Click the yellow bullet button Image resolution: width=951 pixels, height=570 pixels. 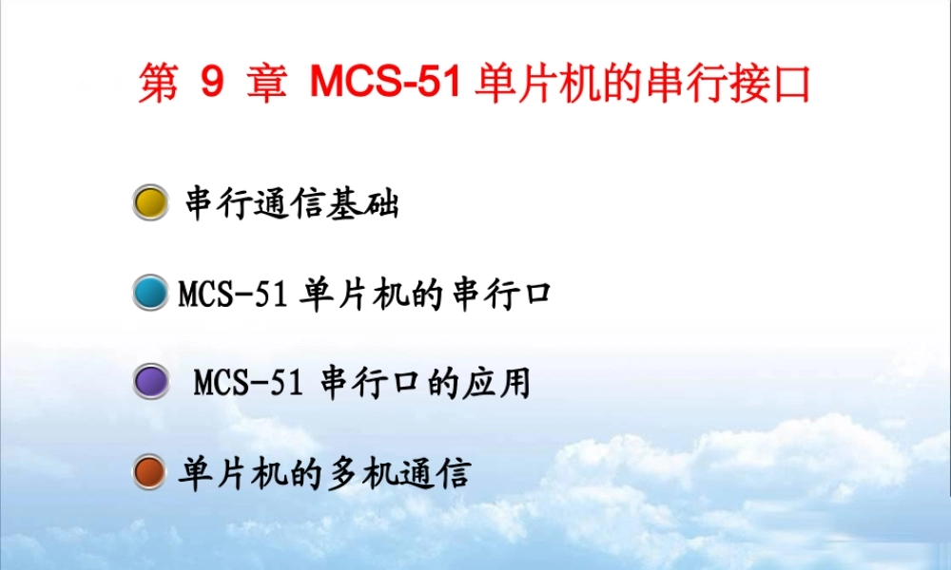click(x=149, y=202)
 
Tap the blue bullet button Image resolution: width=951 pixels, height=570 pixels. click(x=149, y=293)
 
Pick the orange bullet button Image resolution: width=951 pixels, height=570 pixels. click(x=149, y=473)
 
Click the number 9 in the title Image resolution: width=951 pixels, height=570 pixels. click(x=211, y=85)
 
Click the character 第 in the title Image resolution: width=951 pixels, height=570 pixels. click(x=158, y=85)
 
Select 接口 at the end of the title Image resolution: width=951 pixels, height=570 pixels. click(x=777, y=85)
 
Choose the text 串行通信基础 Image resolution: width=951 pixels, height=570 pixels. click(x=291, y=203)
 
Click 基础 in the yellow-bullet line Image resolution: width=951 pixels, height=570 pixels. click(x=363, y=203)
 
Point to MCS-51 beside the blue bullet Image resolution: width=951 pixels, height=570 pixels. click(x=233, y=294)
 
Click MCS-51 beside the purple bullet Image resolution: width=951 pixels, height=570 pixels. click(x=248, y=384)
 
